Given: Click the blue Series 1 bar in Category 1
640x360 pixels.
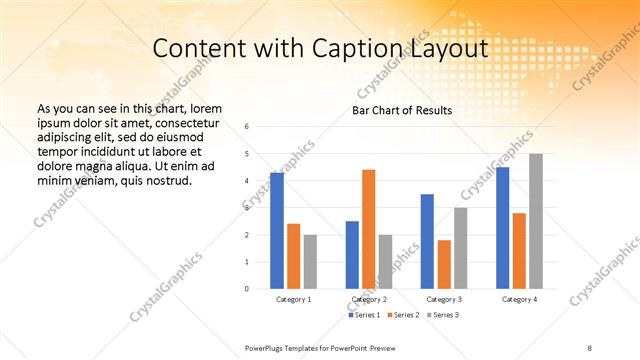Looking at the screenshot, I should tap(277, 231).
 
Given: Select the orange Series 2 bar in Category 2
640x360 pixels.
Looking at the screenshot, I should tap(368, 229).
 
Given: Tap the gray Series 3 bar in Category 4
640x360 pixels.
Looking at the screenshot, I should tap(536, 221).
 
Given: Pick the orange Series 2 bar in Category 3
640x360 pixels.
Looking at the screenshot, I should tap(444, 264).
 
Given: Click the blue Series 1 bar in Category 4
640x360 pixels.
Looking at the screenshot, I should tap(502, 228).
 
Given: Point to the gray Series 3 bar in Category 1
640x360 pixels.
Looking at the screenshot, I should tap(310, 262).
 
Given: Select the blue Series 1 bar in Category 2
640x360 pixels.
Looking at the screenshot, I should tap(352, 255).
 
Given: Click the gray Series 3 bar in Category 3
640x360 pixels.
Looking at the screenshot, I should tap(460, 248).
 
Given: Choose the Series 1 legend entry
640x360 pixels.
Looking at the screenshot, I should tap(364, 315).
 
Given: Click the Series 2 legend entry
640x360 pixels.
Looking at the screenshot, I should tap(403, 315).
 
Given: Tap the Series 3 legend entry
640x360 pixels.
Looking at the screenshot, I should tap(442, 315).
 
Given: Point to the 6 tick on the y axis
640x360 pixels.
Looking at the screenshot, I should tap(261, 127).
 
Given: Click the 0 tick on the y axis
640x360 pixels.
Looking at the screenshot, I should tap(261, 289).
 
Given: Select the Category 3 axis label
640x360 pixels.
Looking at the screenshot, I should tap(443, 299).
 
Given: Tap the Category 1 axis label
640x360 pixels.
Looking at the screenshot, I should tap(294, 299).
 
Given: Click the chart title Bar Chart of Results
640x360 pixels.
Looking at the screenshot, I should tap(402, 110).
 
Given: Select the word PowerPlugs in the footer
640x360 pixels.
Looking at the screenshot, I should tap(265, 347).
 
